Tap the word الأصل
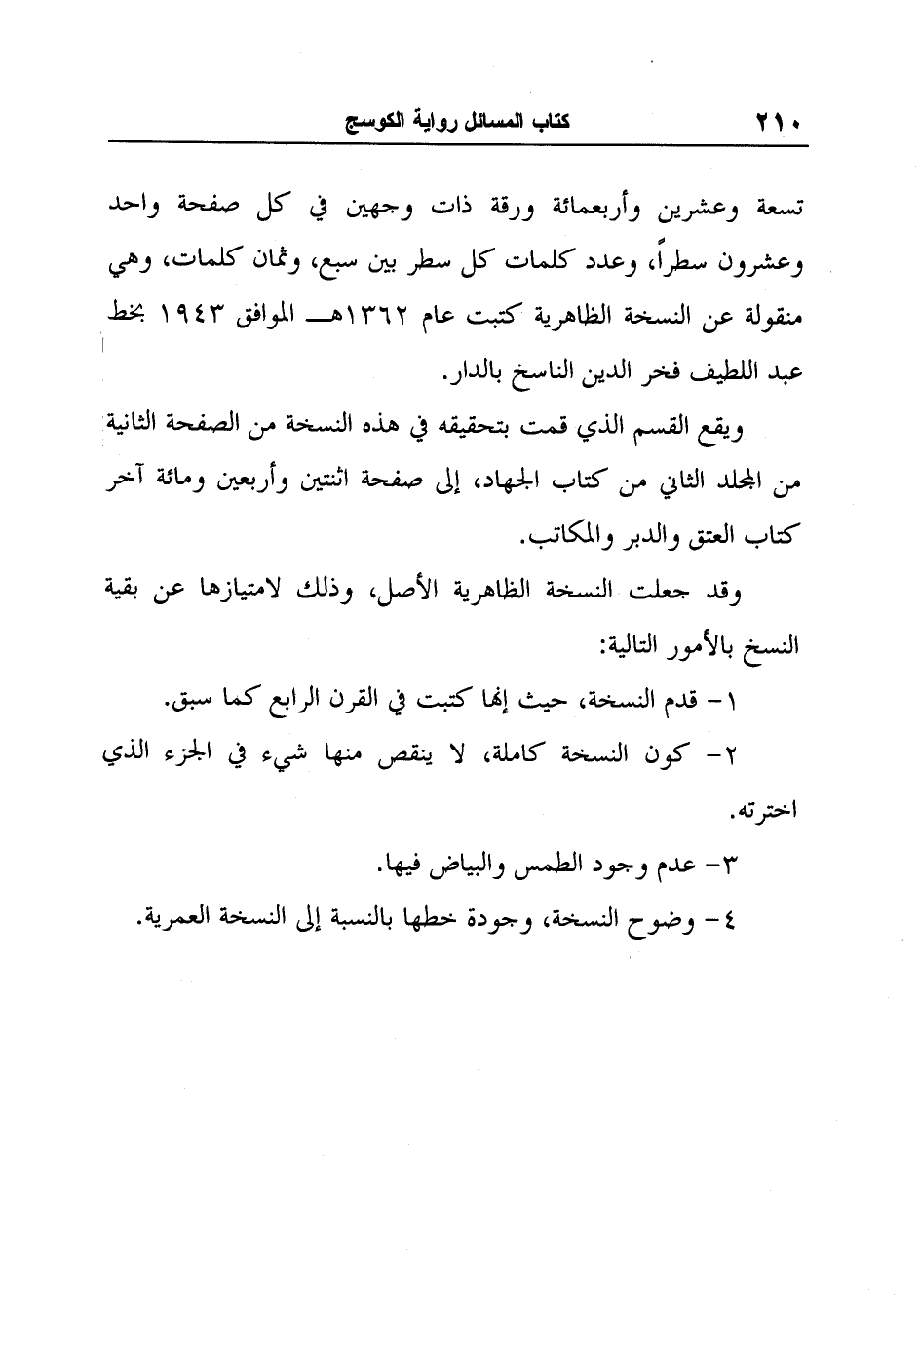pos(403,592)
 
